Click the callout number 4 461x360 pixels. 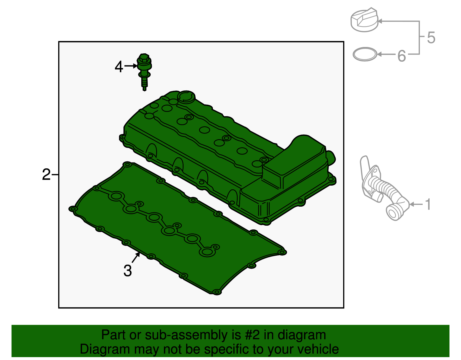(x=119, y=67)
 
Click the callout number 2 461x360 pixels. (x=46, y=175)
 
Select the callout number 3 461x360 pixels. (x=127, y=271)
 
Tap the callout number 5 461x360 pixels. (x=431, y=38)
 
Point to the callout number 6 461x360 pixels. (x=402, y=56)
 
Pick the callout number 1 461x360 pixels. (x=428, y=204)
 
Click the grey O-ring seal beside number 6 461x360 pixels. (x=365, y=54)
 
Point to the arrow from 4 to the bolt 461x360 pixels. (x=131, y=66)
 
